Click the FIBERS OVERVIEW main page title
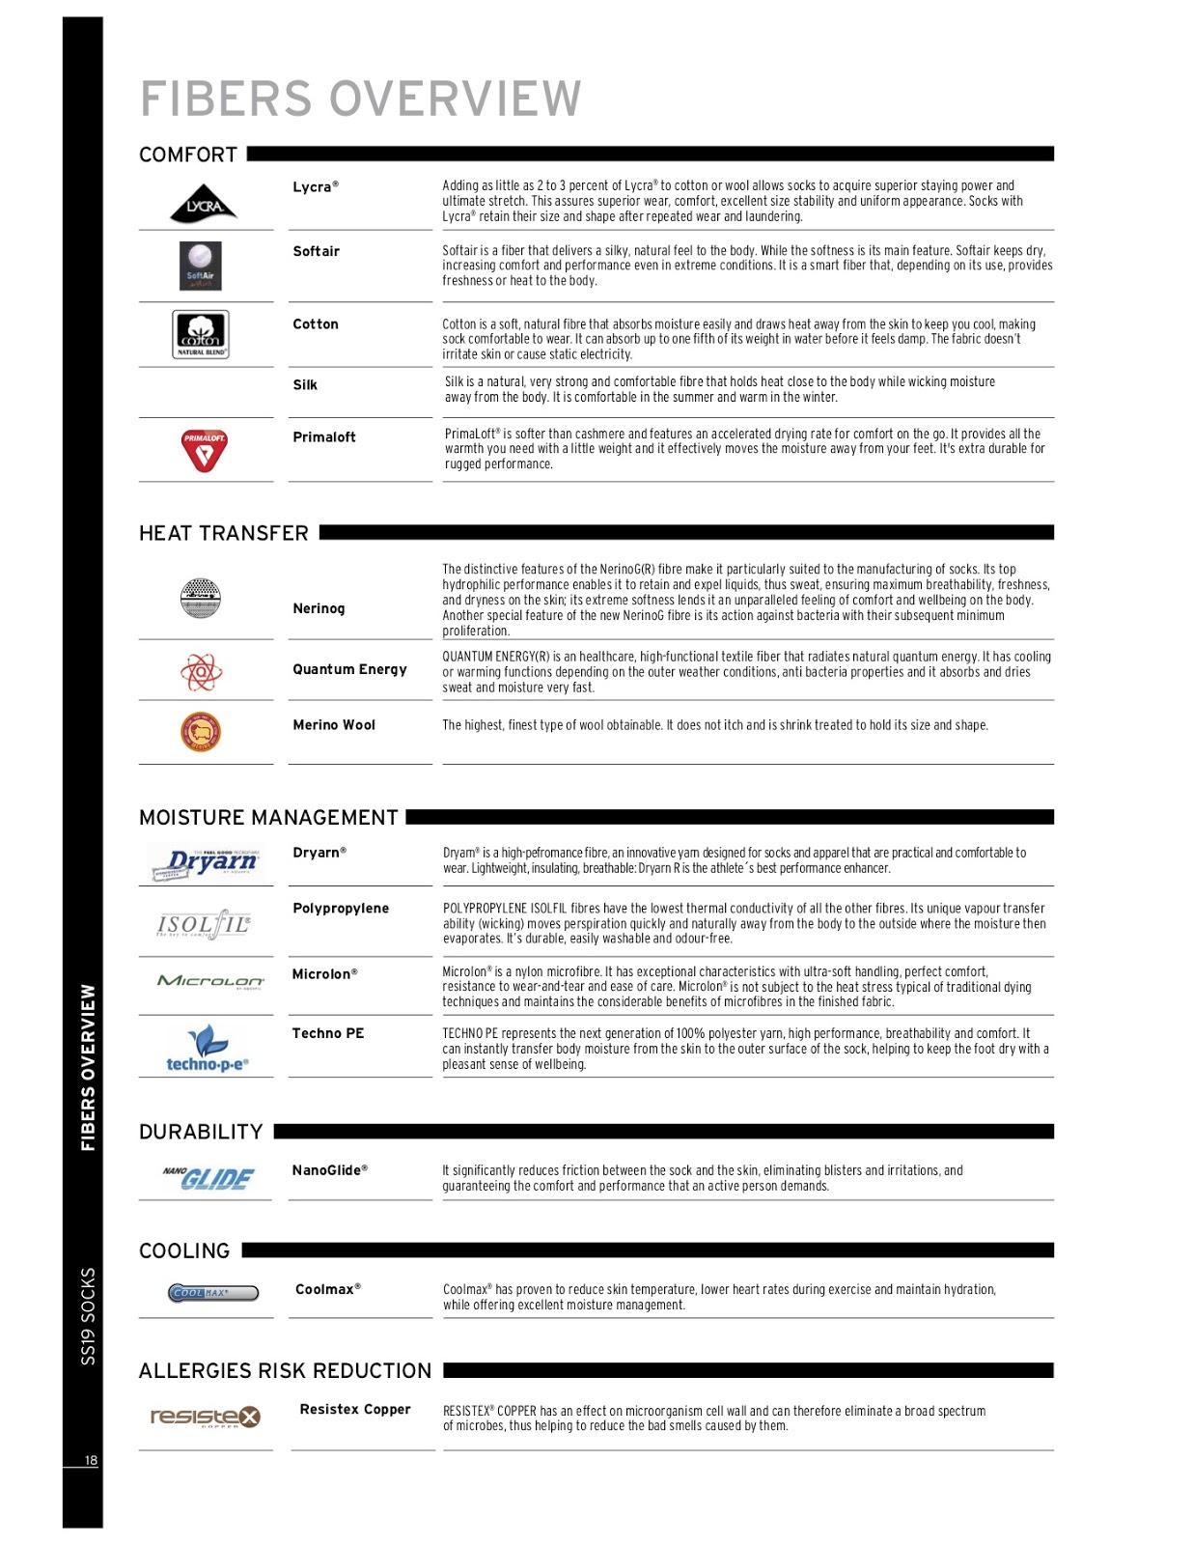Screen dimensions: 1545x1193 coord(361,98)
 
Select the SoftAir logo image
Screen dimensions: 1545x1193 coord(201,267)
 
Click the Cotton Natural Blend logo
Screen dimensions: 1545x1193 coord(201,334)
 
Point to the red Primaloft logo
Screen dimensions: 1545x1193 coord(205,450)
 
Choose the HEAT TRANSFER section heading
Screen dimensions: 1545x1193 coord(224,533)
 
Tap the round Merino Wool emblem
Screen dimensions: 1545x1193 coord(201,732)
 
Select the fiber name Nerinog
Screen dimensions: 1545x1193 coord(319,608)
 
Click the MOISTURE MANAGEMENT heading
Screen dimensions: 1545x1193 coord(268,818)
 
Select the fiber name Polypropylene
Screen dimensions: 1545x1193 coord(341,909)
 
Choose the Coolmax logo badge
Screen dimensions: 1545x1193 coord(213,1293)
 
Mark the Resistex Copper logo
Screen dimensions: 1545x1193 coord(206,1417)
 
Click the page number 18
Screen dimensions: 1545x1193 coord(91,1461)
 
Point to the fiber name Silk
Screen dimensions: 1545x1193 coord(305,385)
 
